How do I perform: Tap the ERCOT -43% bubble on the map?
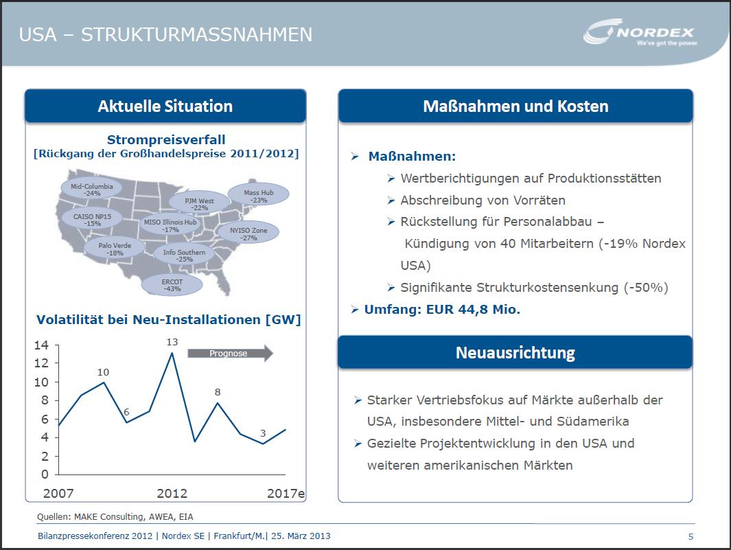172,285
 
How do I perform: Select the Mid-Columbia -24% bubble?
91,190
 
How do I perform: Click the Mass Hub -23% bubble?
258,196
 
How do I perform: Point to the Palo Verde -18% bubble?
115,249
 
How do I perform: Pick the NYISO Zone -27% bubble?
248,233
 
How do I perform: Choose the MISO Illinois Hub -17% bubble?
170,226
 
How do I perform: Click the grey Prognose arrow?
230,354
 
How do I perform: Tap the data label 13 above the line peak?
172,341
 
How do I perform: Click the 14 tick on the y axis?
41,345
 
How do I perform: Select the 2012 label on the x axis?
172,493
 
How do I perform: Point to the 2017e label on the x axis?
285,493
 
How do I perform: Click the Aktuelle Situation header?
165,106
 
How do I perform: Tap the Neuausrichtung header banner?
515,353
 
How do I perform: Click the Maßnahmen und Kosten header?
515,106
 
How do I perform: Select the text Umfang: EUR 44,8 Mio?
442,310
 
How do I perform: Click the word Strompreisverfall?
166,140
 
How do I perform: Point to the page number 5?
691,536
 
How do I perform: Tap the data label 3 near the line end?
263,433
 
